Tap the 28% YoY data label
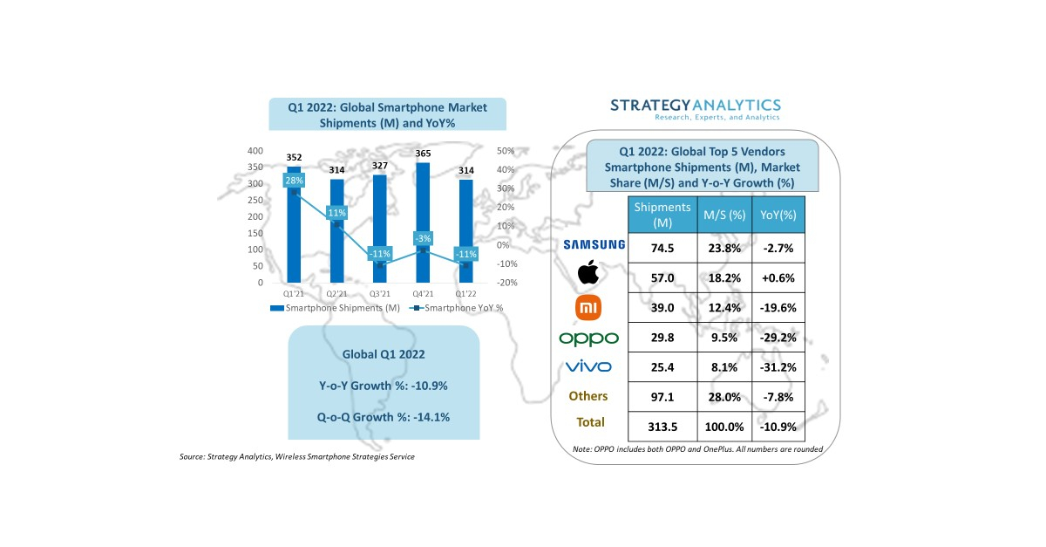point(294,181)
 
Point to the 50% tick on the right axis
point(506,151)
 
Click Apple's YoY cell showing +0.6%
point(778,279)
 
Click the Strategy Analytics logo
point(695,109)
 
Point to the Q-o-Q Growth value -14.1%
point(383,417)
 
